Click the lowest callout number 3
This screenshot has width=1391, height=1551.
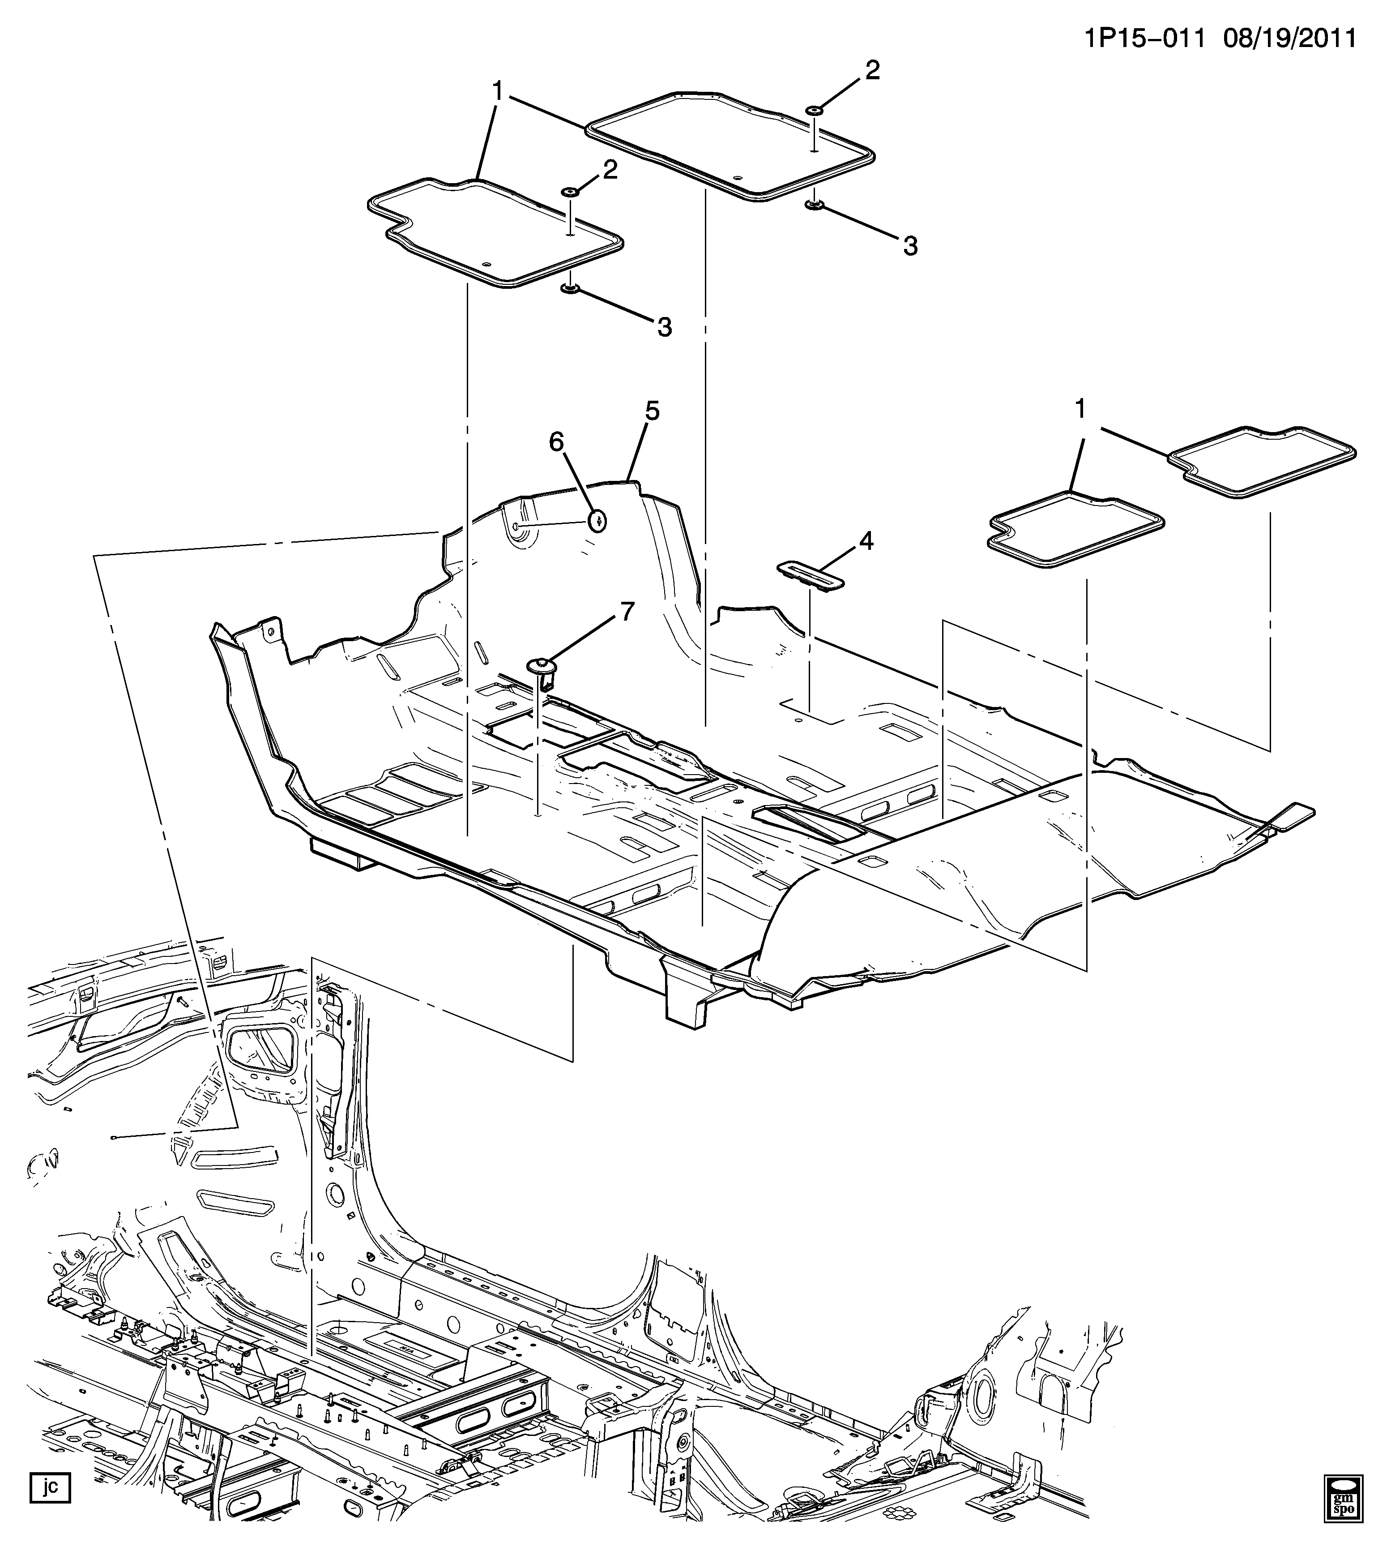(664, 327)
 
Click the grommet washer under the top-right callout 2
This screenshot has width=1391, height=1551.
(814, 111)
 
